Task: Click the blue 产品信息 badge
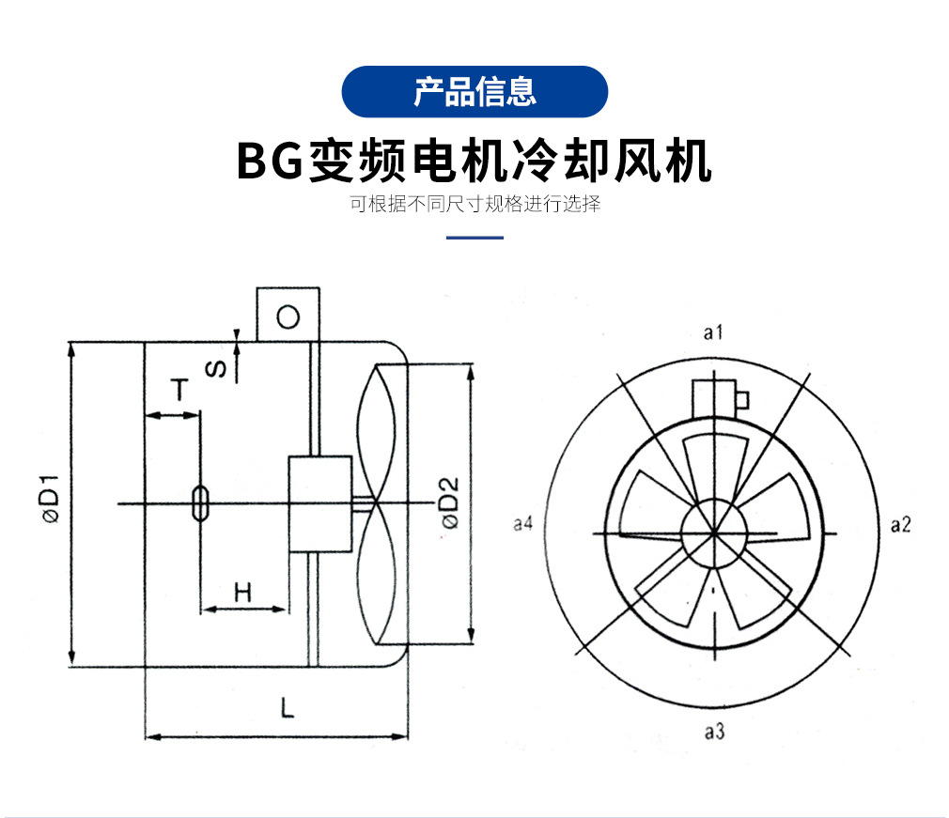tap(474, 91)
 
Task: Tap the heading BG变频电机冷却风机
tap(474, 161)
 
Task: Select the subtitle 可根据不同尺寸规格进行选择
tap(474, 204)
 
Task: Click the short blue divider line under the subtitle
tap(474, 238)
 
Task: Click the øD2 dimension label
tap(450, 503)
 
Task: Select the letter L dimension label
tap(288, 707)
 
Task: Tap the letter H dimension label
tap(242, 593)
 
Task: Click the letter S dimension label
tap(217, 368)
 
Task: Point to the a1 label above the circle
tap(713, 332)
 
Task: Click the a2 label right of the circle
tap(900, 524)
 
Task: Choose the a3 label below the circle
tap(714, 733)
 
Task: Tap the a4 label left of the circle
tap(523, 523)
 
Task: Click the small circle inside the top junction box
tap(288, 317)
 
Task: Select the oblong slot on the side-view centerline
tap(200, 502)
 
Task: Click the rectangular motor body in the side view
tap(320, 504)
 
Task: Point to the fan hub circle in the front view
tap(714, 532)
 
